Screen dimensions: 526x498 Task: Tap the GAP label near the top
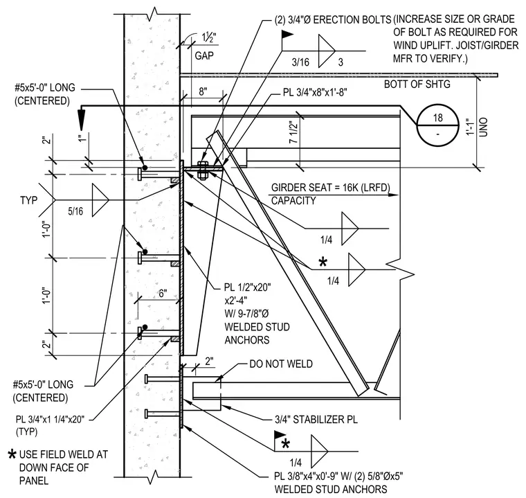[x=204, y=55]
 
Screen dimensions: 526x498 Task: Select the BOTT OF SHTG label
[x=417, y=84]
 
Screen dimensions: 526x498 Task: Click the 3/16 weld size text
[x=300, y=62]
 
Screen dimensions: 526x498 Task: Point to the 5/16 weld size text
[x=75, y=211]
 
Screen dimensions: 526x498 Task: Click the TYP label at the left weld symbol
[x=28, y=200]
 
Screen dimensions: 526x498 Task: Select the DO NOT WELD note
[x=281, y=364]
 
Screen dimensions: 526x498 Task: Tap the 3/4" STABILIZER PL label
[x=316, y=420]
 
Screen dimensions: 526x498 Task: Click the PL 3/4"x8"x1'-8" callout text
[x=315, y=92]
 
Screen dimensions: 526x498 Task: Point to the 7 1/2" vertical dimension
[x=293, y=132]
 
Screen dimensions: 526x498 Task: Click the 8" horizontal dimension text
[x=203, y=91]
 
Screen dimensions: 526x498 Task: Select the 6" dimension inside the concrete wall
[x=163, y=294]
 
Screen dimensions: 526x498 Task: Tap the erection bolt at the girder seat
[x=203, y=170]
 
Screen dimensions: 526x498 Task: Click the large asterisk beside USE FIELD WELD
[x=12, y=454]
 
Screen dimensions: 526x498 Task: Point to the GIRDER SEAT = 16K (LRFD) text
[x=330, y=188]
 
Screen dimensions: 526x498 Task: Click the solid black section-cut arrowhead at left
[x=81, y=118]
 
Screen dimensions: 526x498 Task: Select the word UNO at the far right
[x=483, y=127]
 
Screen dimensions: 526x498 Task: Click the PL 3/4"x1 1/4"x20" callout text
[x=50, y=420]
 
